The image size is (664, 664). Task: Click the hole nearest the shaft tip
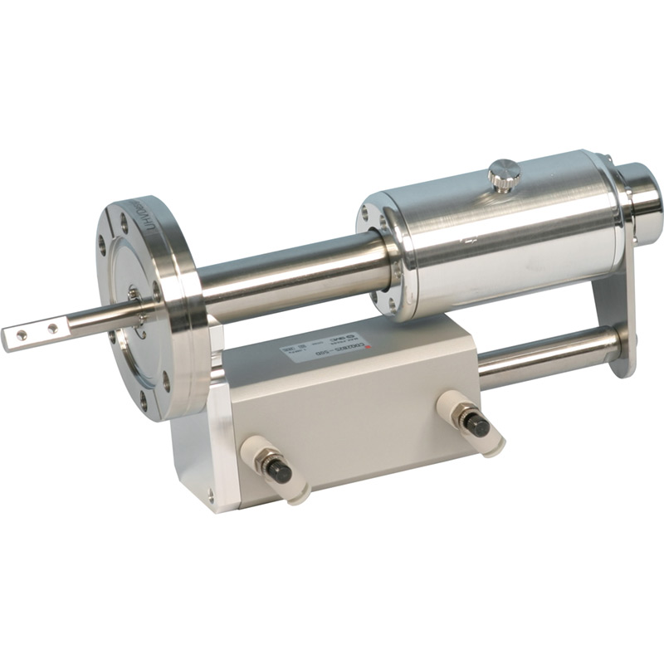click(22, 334)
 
